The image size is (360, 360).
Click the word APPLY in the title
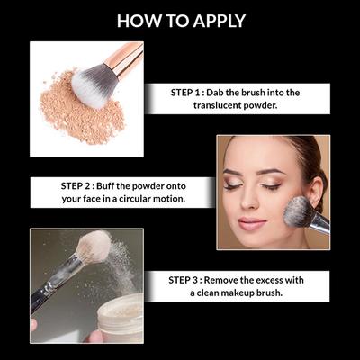pyautogui.click(x=220, y=21)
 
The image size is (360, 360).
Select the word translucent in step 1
pyautogui.click(x=216, y=105)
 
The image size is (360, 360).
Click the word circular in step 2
pyautogui.click(x=137, y=199)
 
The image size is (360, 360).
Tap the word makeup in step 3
pyautogui.click(x=238, y=292)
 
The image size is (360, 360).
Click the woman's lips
pyautogui.click(x=252, y=224)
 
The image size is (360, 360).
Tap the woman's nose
pyautogui.click(x=249, y=201)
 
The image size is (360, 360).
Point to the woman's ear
pyautogui.click(x=316, y=189)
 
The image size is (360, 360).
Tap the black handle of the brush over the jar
pyautogui.click(x=53, y=285)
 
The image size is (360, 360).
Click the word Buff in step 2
pyautogui.click(x=105, y=186)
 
